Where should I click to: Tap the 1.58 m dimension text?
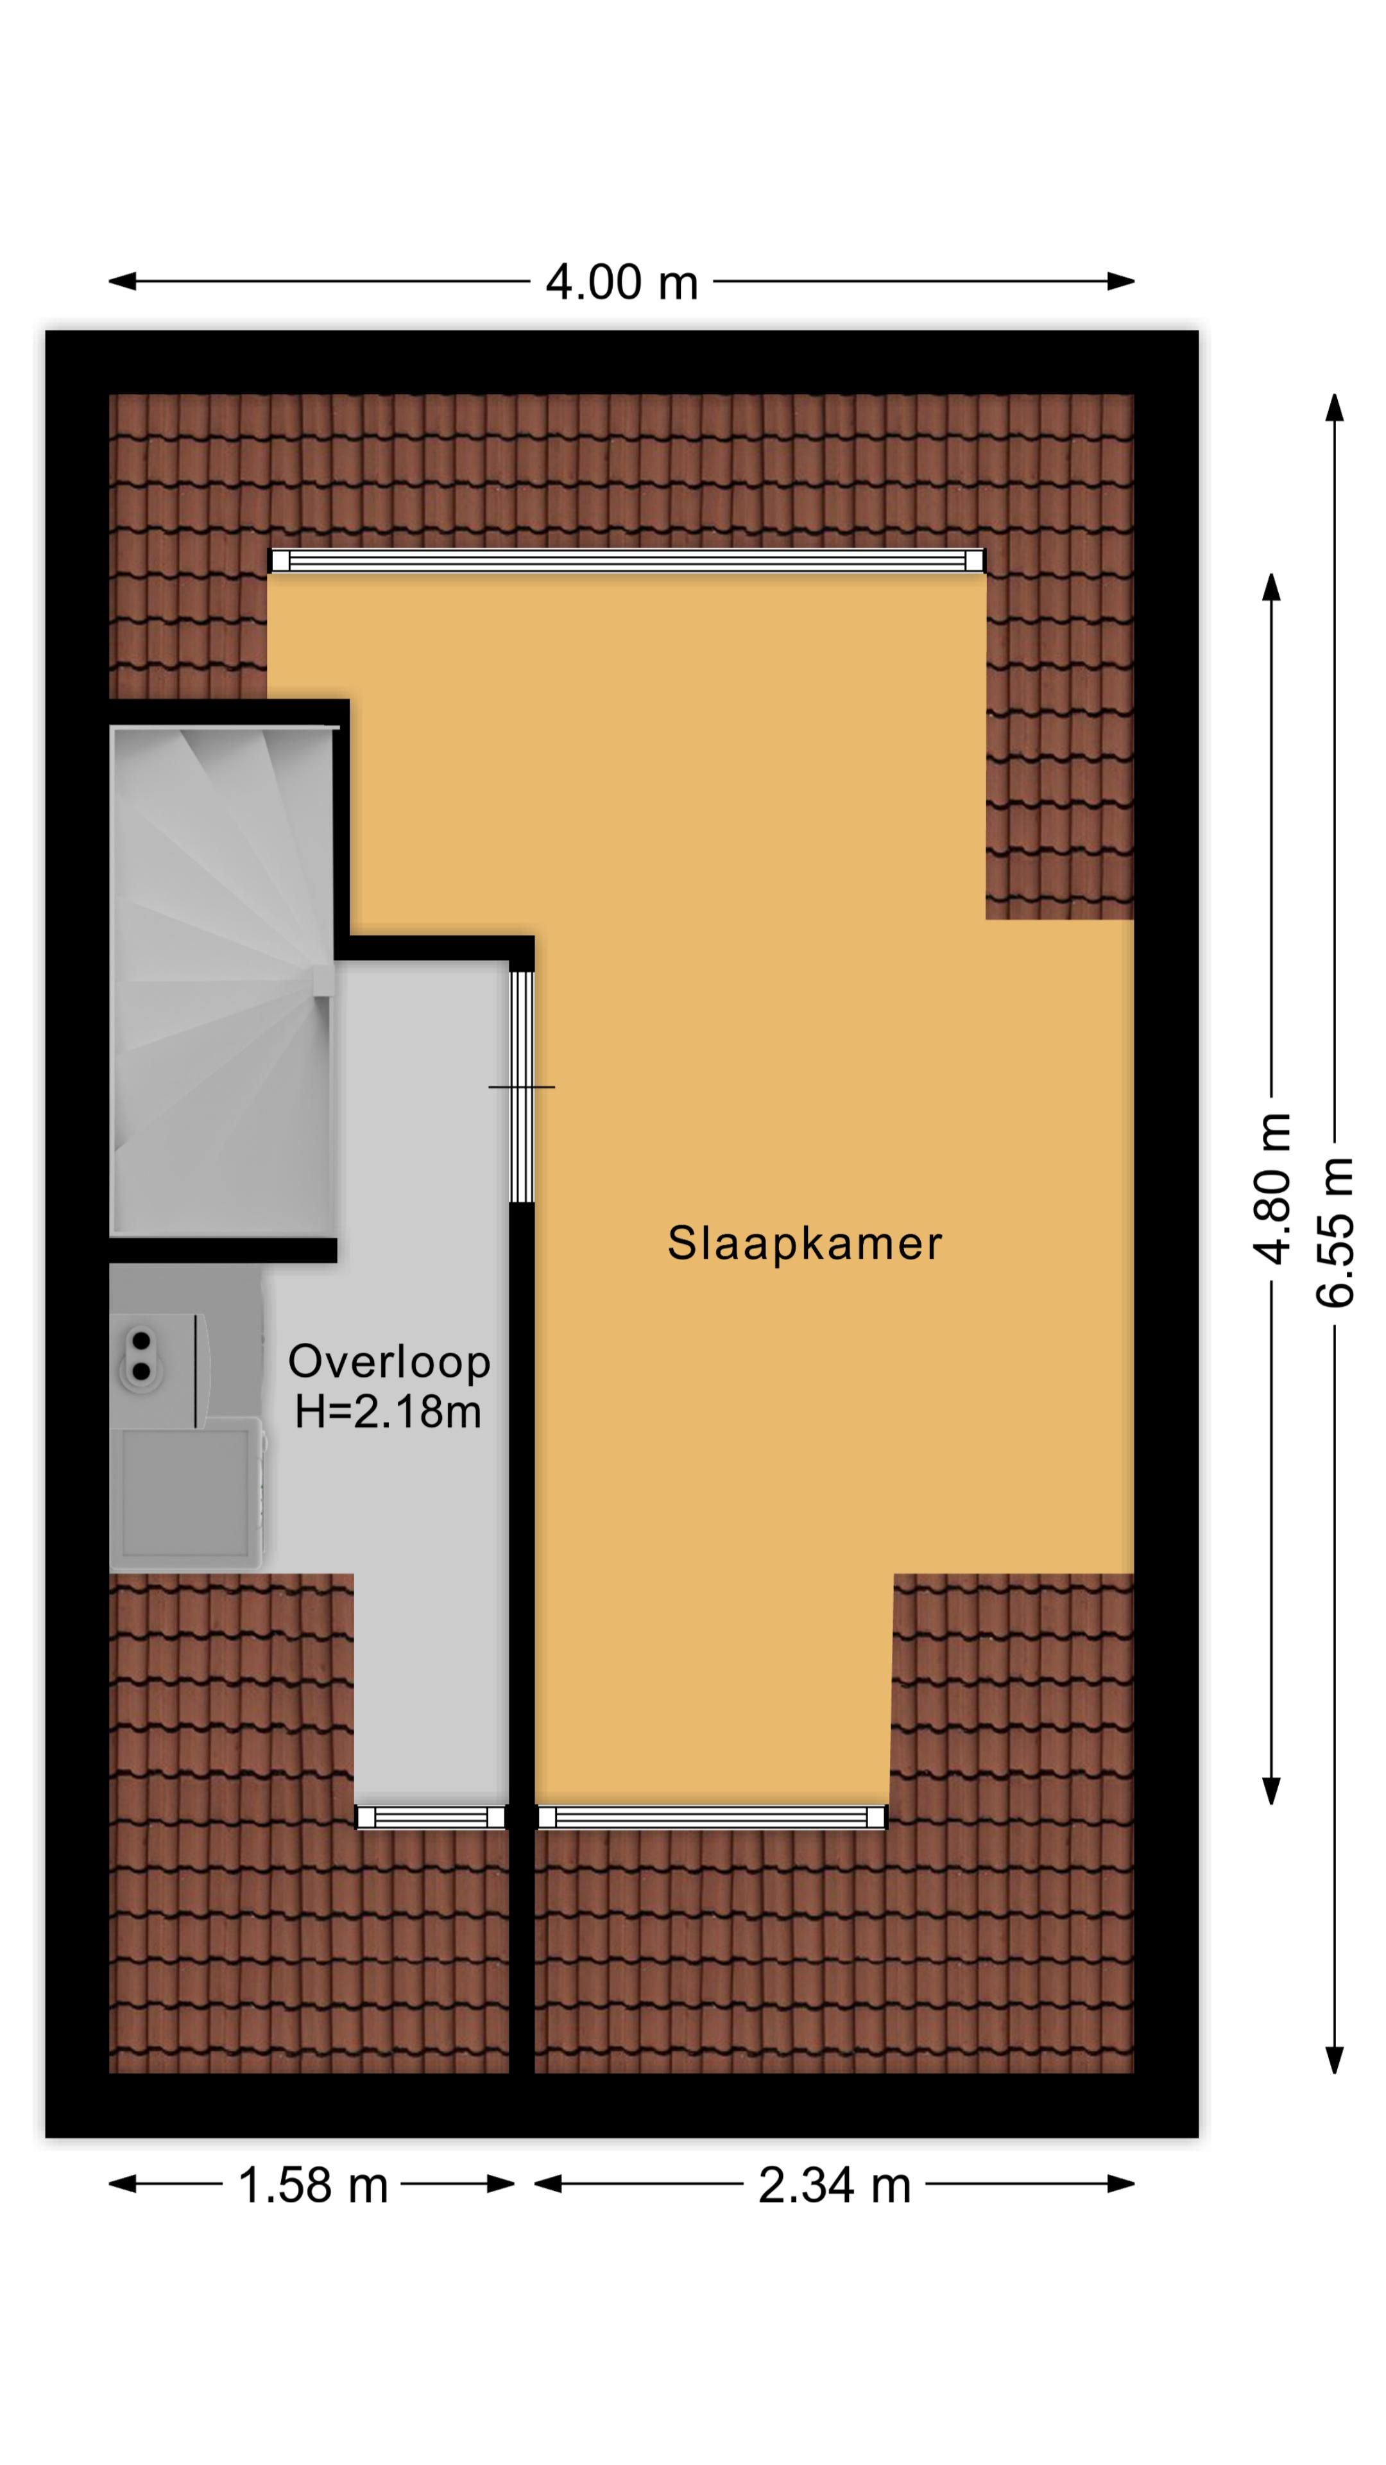click(x=312, y=2184)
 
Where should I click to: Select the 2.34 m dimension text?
click(x=834, y=2184)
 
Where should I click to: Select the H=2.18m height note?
click(x=388, y=1412)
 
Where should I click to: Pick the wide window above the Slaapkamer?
click(x=626, y=561)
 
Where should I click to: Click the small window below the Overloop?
click(x=431, y=1817)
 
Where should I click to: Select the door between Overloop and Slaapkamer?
click(x=521, y=1086)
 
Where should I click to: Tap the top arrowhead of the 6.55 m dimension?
click(x=1335, y=407)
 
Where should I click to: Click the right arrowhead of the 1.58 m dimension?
click(x=501, y=2184)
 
